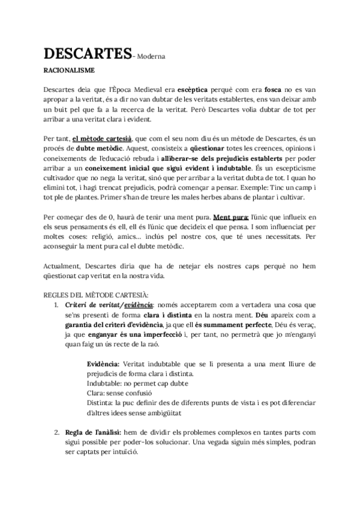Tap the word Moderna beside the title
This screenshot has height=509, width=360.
click(151, 57)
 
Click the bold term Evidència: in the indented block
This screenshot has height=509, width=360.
click(103, 364)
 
